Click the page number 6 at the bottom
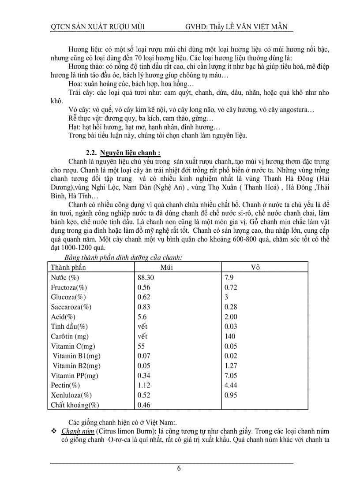click(179, 469)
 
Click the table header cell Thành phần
click(68, 268)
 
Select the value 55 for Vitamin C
click(141, 346)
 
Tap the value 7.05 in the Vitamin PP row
click(231, 376)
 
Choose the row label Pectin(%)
click(65, 385)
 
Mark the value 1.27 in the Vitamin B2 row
click(231, 365)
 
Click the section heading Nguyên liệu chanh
click(130, 153)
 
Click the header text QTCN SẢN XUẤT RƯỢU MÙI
click(98, 27)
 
